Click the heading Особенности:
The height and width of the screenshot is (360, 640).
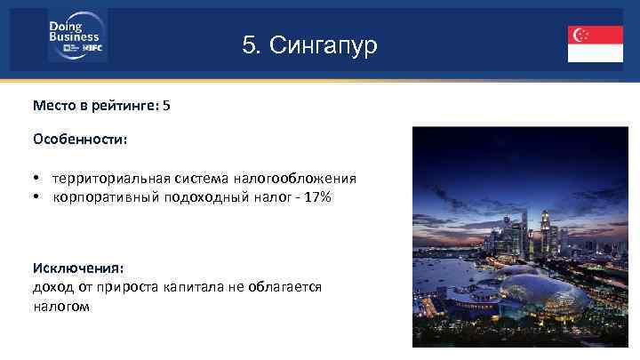point(80,140)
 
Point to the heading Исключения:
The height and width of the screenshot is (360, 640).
point(78,268)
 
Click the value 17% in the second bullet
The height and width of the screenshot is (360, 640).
point(317,196)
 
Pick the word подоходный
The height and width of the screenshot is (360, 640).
point(194,196)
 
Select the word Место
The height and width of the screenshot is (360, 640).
point(52,105)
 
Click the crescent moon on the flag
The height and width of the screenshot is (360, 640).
point(579,35)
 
